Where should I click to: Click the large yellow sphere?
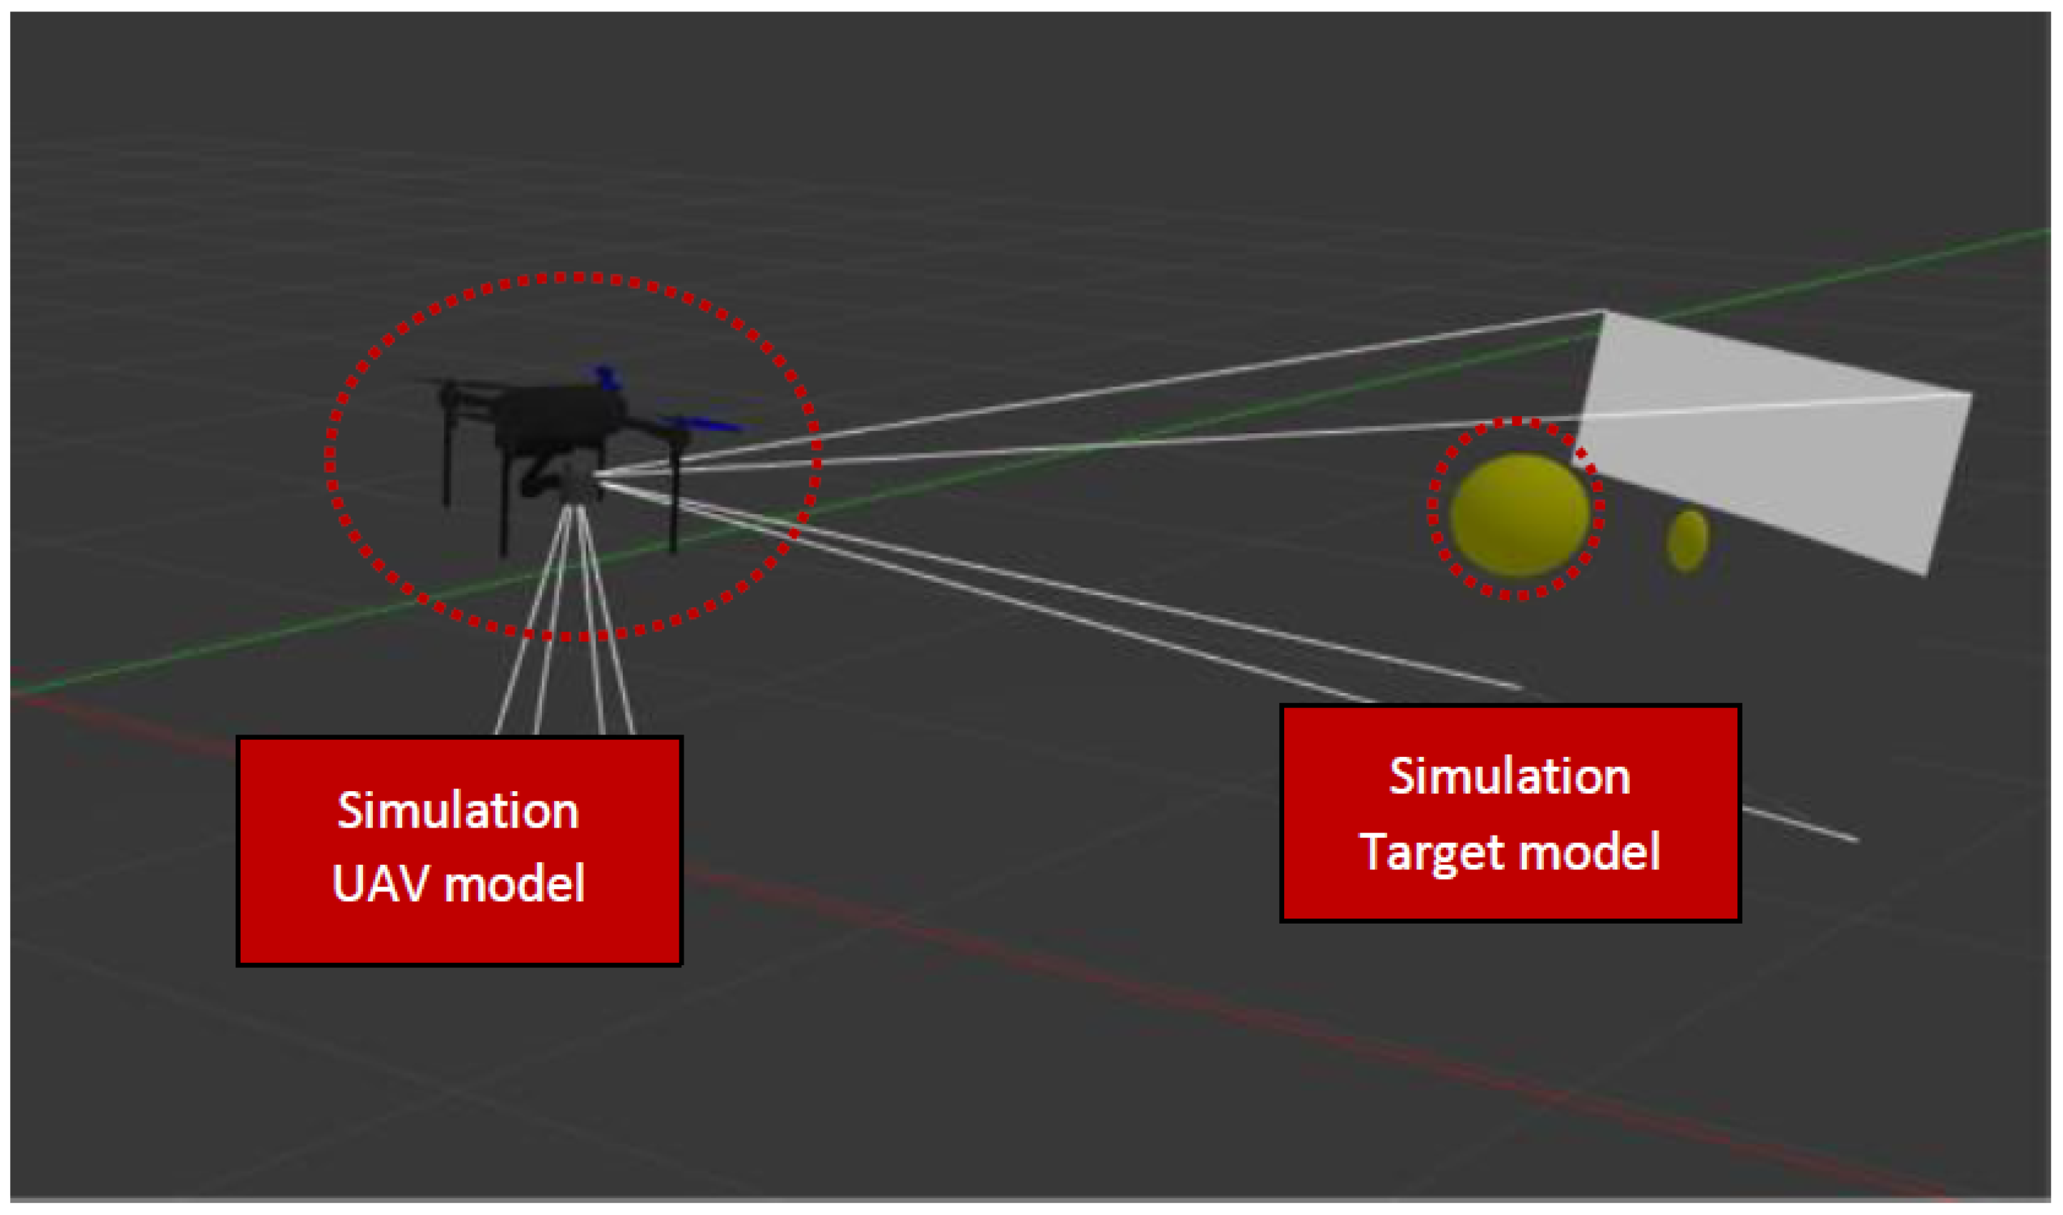pos(1520,514)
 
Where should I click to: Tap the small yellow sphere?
pos(1687,541)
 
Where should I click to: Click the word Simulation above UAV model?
pos(458,811)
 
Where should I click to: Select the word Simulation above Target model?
pos(1510,776)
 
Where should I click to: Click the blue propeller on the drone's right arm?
pos(704,424)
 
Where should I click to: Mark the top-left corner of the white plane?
pos(1603,312)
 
